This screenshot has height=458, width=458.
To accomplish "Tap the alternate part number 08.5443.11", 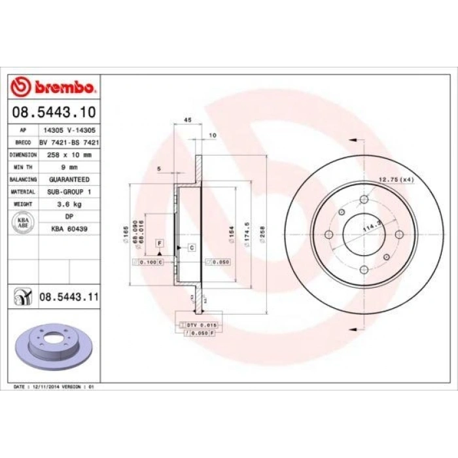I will pos(69,297).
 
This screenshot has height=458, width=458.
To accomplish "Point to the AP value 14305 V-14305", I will pos(68,130).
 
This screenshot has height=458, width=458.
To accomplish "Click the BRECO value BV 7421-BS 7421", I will pos(69,142).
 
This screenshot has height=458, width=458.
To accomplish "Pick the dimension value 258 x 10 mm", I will pos(69,155).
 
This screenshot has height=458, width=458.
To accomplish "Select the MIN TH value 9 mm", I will pos(69,167).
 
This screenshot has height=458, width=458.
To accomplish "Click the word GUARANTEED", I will pos(69,179).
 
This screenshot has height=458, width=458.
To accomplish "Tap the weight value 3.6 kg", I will pos(69,204).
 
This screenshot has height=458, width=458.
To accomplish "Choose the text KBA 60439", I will pos(69,229).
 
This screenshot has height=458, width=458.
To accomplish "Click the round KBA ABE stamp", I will pos(22,222).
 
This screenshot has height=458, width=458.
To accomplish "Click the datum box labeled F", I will pos(158,243).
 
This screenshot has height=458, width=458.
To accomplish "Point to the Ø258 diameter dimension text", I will pos(262,234).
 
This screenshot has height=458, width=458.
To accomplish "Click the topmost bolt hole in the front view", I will pos(364,200).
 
